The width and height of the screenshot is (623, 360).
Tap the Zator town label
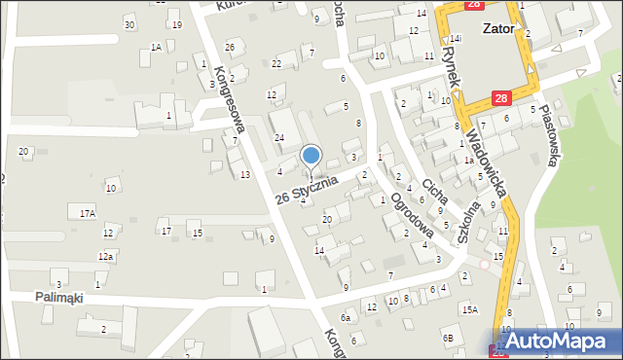pyautogui.click(x=497, y=28)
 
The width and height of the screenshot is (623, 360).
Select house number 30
pyautogui.click(x=129, y=24)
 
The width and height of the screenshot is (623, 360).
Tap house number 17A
pyautogui.click(x=88, y=212)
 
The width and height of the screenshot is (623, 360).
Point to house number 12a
pyautogui.click(x=105, y=256)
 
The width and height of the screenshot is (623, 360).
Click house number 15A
pyautogui.click(x=470, y=309)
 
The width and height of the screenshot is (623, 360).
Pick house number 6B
pyautogui.click(x=448, y=338)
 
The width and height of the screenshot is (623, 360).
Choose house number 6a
pyautogui.click(x=345, y=317)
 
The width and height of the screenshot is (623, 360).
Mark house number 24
pyautogui.click(x=278, y=138)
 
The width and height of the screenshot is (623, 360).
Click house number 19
pyautogui.click(x=176, y=24)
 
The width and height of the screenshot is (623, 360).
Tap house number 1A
pyautogui.click(x=156, y=47)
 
